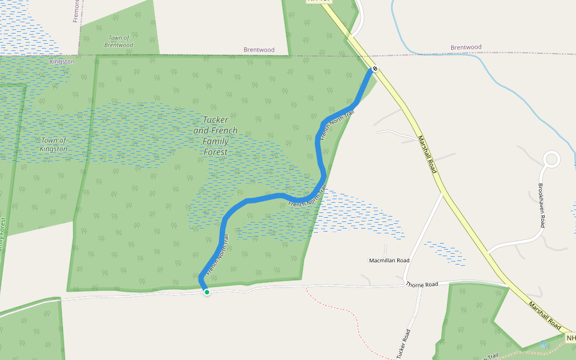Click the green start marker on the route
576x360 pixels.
coord(207,292)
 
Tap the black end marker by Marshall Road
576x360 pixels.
coord(374,69)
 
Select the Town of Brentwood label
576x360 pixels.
coord(118,41)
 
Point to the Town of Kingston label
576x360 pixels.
coord(54,145)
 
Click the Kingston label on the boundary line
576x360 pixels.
coord(62,61)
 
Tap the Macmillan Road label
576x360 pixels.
coord(389,260)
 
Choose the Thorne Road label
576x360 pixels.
coord(422,284)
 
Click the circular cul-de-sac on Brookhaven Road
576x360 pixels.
coord(551,160)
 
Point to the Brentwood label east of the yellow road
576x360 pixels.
coord(466,47)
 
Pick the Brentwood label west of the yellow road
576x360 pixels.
coord(259,50)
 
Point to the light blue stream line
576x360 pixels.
coord(480,74)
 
